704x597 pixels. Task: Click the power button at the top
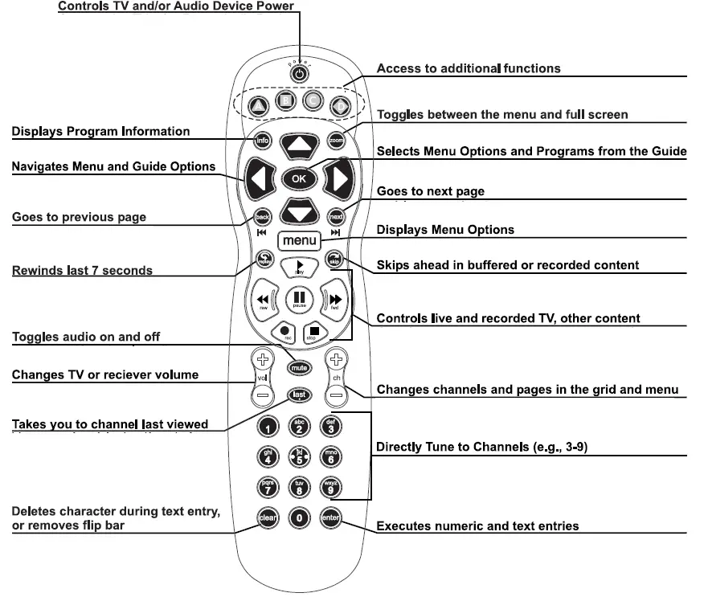299,74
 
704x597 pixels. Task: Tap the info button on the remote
262,141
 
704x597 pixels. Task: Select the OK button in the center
299,178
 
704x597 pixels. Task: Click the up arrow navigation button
299,145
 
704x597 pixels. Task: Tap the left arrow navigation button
256,179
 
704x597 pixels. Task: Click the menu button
299,240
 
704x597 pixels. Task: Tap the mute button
299,367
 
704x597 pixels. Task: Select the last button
299,395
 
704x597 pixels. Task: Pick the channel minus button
337,395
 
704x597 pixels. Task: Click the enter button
329,518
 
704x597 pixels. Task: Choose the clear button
268,518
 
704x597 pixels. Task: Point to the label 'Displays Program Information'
100,131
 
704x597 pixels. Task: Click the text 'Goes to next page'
430,191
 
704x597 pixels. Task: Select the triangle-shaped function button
257,105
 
